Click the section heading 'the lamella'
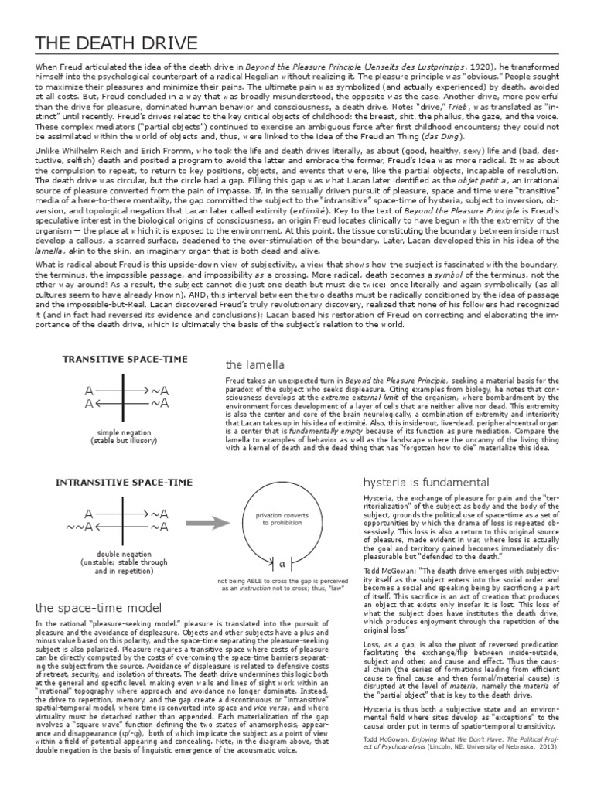click(255, 364)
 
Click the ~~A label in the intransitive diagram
click(78, 527)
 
